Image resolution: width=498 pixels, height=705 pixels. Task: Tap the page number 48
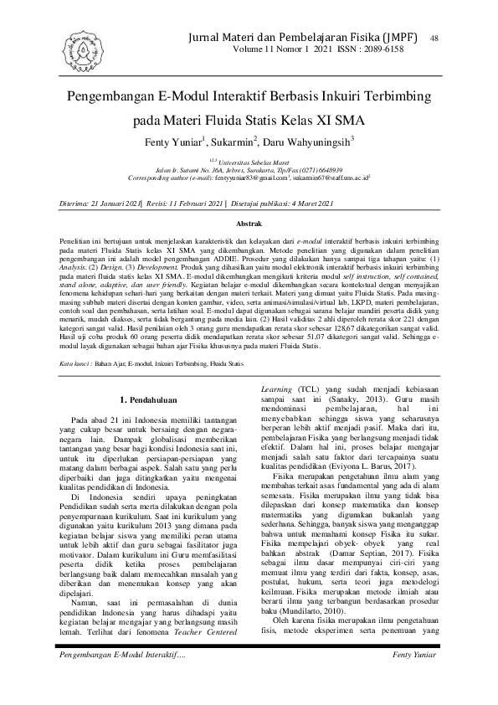point(434,38)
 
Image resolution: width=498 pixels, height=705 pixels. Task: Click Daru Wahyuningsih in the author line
point(310,142)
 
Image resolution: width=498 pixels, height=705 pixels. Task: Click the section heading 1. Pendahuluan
point(147,399)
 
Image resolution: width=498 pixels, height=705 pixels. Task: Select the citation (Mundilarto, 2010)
point(318,623)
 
